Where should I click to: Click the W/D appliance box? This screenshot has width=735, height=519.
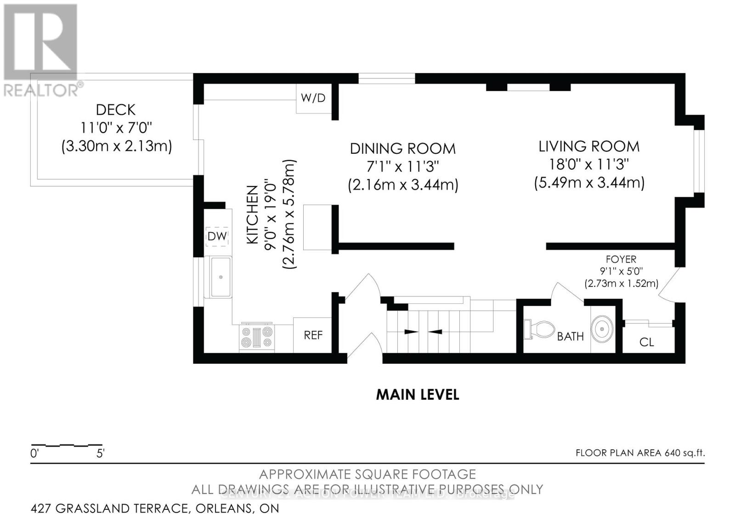point(313,98)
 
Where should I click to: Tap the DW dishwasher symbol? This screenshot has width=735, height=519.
point(217,236)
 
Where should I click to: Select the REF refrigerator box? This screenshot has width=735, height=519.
point(313,335)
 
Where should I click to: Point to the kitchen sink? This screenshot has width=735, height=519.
point(221,277)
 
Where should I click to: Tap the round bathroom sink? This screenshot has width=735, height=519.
point(603,329)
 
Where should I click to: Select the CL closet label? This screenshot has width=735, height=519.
point(646,342)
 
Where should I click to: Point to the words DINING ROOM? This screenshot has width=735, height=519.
point(402,149)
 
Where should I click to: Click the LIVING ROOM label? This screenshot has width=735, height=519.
point(589,147)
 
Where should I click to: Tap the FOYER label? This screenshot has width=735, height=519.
point(621,259)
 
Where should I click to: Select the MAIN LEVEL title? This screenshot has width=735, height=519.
point(417,395)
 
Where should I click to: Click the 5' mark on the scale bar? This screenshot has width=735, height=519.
point(100,454)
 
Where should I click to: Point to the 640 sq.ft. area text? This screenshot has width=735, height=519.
point(684,453)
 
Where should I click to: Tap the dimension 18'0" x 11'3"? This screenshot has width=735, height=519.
point(589,164)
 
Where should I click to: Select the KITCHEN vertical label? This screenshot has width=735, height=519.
point(252,214)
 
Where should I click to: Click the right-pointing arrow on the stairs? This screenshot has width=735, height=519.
point(408,331)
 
